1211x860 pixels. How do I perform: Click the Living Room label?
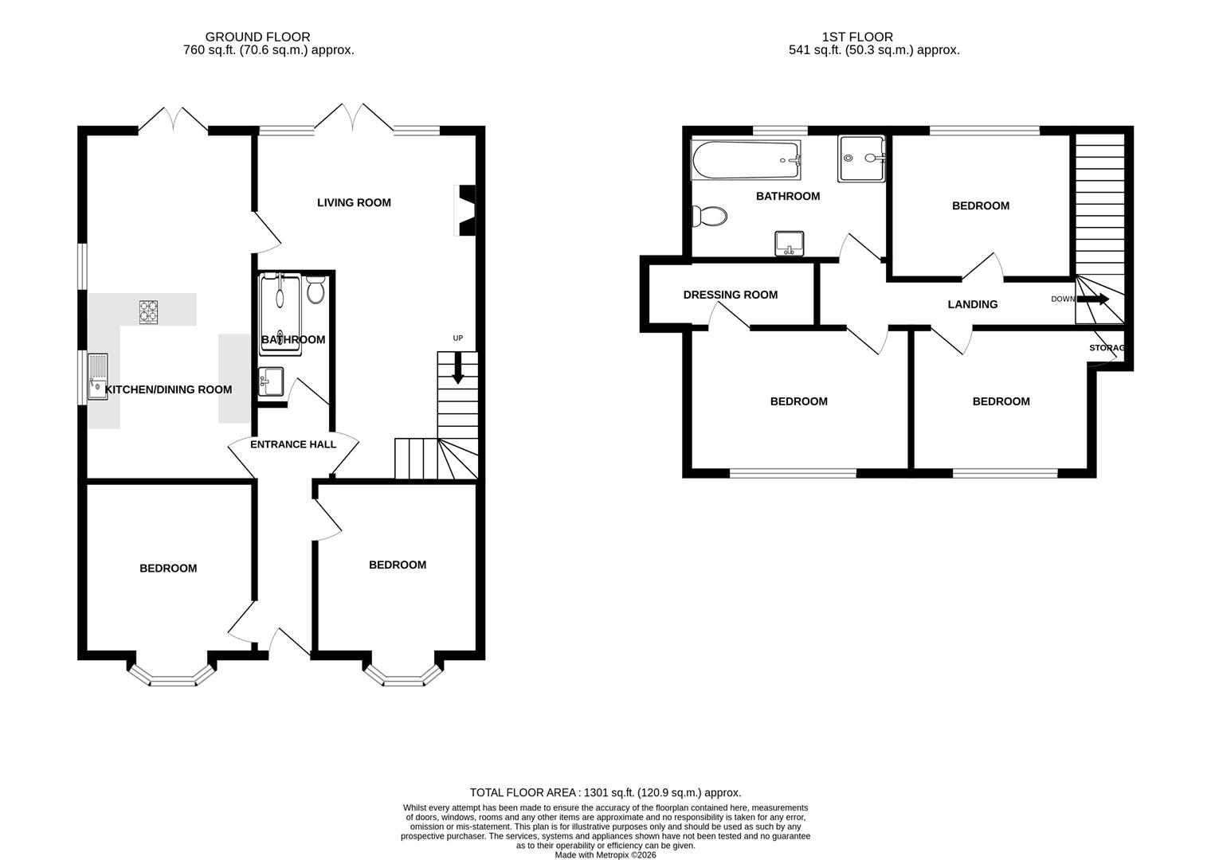354,202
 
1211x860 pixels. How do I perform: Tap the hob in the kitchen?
148,311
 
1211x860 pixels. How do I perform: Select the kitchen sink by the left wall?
97,376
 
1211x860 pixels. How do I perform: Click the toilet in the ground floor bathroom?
315,290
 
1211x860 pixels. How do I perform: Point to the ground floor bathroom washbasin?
270,381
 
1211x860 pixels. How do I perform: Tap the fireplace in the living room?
464,210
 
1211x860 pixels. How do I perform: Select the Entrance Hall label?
293,444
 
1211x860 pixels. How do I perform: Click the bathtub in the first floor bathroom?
746,161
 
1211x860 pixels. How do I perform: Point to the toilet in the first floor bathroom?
710,216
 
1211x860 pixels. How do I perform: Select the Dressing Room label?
730,295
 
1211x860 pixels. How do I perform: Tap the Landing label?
972,304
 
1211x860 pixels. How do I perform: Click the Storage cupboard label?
1107,348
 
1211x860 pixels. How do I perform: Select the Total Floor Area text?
605,792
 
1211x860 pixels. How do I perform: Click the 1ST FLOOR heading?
857,37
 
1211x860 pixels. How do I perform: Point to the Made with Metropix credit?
605,854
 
